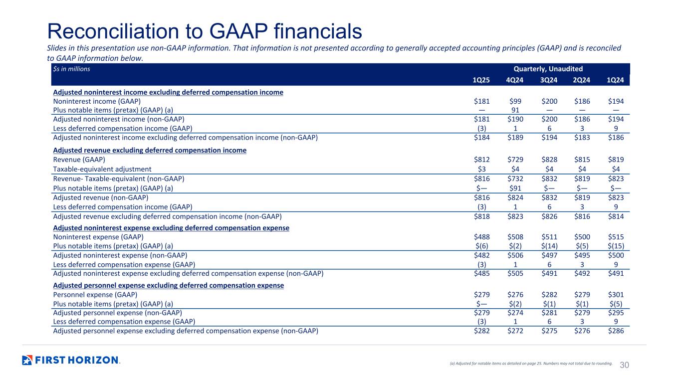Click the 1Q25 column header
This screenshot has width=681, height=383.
(481, 80)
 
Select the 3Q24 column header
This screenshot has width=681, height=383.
(548, 80)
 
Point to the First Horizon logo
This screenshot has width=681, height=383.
(71, 360)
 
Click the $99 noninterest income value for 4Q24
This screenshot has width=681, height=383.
(515, 101)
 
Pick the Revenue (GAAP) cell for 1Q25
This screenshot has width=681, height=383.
(481, 160)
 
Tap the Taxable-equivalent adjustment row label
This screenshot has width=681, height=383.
(102, 169)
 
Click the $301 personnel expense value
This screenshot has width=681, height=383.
(616, 294)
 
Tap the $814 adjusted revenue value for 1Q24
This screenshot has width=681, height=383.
(616, 216)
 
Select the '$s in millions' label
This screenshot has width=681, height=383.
(71, 69)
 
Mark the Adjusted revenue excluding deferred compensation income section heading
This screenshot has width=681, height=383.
(150, 150)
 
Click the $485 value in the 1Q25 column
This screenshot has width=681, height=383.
(481, 274)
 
